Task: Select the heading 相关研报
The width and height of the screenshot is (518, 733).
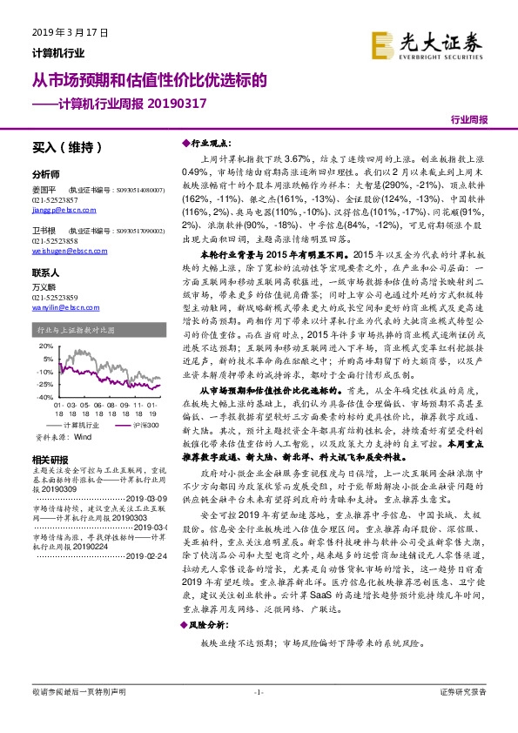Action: (x=45, y=459)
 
